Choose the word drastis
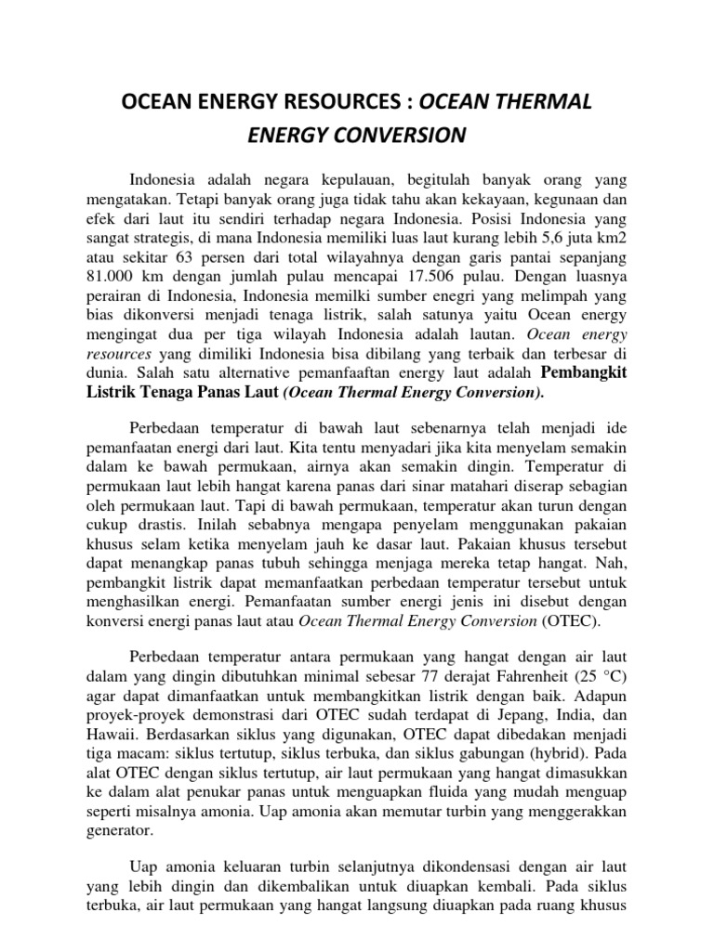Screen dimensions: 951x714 click(150, 525)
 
